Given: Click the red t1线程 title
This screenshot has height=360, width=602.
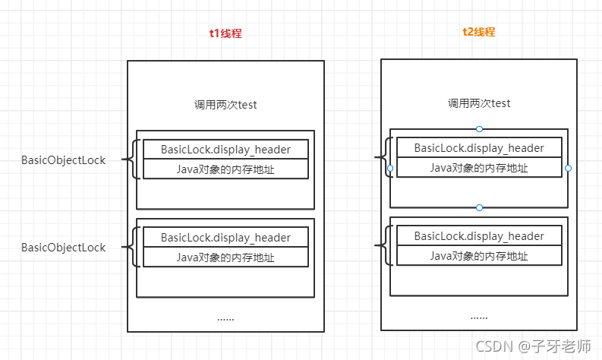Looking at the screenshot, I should (x=225, y=34).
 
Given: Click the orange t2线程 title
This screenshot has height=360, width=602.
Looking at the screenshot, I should (x=478, y=33).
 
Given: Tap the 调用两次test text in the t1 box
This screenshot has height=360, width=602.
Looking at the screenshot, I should (x=225, y=105).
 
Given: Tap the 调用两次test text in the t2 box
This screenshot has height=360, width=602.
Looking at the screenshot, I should (x=479, y=103).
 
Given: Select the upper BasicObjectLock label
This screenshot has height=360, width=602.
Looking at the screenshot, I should (x=63, y=160).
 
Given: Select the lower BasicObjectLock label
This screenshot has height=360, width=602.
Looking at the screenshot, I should (x=63, y=248).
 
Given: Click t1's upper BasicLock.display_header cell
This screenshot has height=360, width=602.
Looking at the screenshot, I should (x=225, y=150).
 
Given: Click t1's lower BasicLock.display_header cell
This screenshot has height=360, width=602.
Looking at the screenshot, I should (x=225, y=238).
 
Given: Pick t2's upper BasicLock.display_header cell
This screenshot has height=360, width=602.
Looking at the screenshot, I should (x=479, y=148).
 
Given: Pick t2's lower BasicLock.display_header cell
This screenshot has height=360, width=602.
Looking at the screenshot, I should (x=479, y=236).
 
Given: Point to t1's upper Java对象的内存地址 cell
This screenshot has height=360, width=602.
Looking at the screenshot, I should (x=225, y=169).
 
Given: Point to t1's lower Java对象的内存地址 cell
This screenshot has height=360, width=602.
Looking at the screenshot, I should (x=225, y=257).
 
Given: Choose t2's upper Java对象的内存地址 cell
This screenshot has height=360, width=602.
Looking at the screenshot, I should (x=479, y=168).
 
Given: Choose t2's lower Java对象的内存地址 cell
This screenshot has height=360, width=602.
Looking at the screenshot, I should (x=479, y=256).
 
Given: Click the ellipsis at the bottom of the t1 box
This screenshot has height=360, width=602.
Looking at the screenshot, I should (x=225, y=318).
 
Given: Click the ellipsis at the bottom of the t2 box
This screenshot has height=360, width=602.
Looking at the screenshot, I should (x=479, y=317).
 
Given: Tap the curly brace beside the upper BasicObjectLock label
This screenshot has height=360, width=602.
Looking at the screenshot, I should (x=134, y=159).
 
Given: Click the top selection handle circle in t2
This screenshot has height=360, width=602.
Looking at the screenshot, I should (x=479, y=129).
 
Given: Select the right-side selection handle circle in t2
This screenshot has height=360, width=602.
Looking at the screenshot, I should (x=568, y=168).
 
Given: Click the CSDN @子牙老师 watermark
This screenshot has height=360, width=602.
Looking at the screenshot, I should (x=533, y=346).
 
